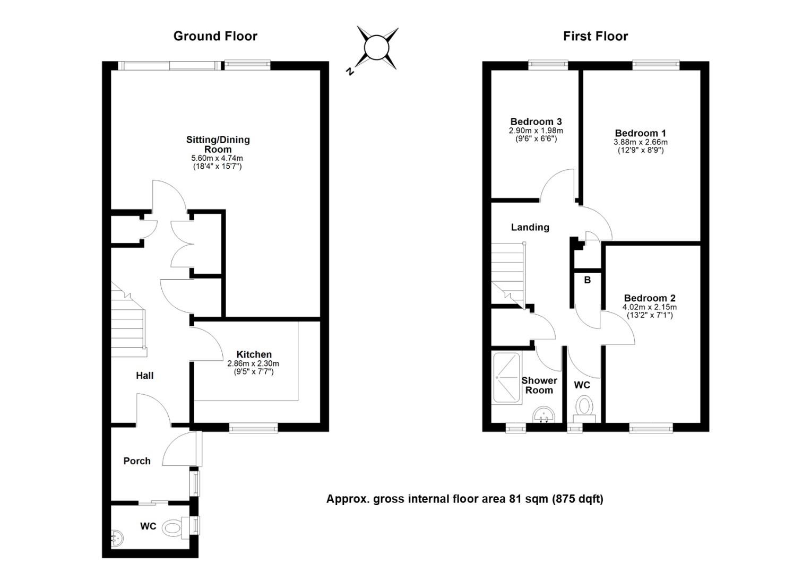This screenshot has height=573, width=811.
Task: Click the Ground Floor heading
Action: [x=215, y=36]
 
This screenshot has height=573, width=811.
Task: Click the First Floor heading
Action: [x=595, y=36]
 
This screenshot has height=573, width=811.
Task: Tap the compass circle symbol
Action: [x=376, y=47]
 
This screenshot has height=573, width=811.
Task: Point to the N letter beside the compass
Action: [x=349, y=71]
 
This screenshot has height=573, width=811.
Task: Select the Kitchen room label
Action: [x=254, y=354]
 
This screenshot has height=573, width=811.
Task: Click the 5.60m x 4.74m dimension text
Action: [x=217, y=158]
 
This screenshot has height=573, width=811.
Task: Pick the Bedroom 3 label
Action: [x=536, y=121]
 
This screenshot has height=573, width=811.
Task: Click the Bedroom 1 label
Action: [x=641, y=133]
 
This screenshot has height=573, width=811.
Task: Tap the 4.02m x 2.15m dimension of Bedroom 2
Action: [x=650, y=307]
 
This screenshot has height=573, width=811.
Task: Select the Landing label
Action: [x=530, y=227]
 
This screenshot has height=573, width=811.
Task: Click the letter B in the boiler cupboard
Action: [x=587, y=280]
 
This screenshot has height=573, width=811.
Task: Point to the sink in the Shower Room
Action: [x=544, y=414]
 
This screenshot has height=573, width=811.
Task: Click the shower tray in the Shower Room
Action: [x=507, y=378]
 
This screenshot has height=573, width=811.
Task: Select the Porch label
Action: [x=137, y=461]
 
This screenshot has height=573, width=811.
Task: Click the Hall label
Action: [x=144, y=376]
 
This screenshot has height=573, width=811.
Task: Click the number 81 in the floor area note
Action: [x=515, y=499]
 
